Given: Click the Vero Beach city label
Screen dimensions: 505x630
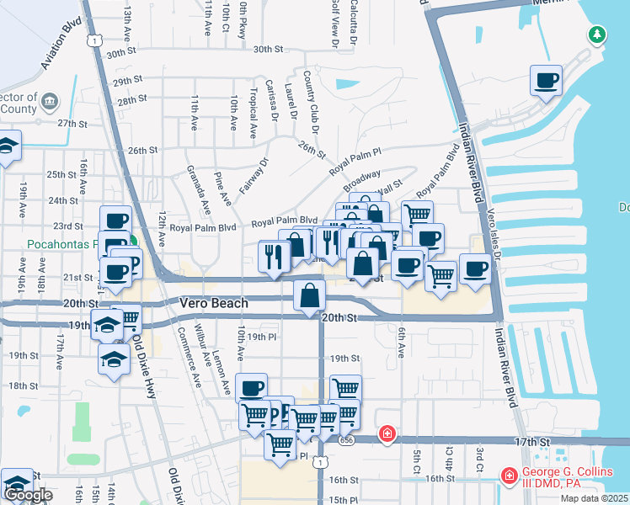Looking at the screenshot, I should (x=213, y=303).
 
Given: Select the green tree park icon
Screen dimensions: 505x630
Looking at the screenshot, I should (x=597, y=35).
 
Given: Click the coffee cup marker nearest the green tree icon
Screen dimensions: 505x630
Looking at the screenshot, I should (x=546, y=81).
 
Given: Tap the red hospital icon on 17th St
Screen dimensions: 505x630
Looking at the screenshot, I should (x=387, y=433).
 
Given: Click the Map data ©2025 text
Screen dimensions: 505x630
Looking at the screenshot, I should (x=594, y=498).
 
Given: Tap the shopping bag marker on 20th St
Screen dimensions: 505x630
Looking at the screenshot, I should (x=310, y=295).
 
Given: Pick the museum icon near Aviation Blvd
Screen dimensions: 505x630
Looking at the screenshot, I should (x=50, y=102).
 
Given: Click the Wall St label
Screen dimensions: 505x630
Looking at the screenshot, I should (x=392, y=184).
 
